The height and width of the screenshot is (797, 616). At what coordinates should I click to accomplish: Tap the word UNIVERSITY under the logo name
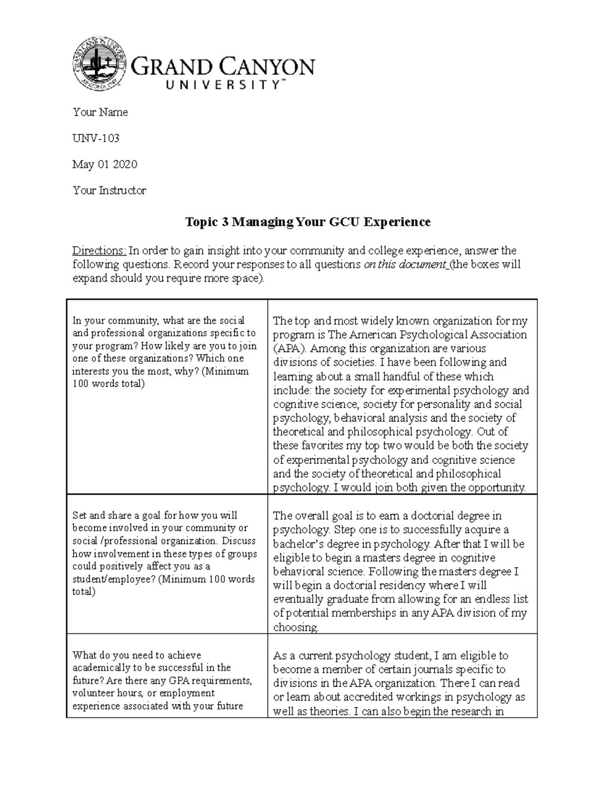coord(222,86)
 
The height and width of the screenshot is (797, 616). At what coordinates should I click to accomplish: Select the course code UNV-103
coord(96,138)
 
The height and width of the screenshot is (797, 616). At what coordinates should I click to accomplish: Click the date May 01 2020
coord(105,164)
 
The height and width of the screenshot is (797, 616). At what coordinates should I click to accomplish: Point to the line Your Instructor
coord(109,190)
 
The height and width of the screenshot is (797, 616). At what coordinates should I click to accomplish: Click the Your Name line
coord(100,112)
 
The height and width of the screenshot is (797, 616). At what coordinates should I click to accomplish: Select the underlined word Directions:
coord(99,251)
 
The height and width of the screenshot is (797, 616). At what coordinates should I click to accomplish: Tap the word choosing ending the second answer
coord(295,627)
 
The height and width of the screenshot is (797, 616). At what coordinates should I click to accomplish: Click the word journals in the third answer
coord(408,669)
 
